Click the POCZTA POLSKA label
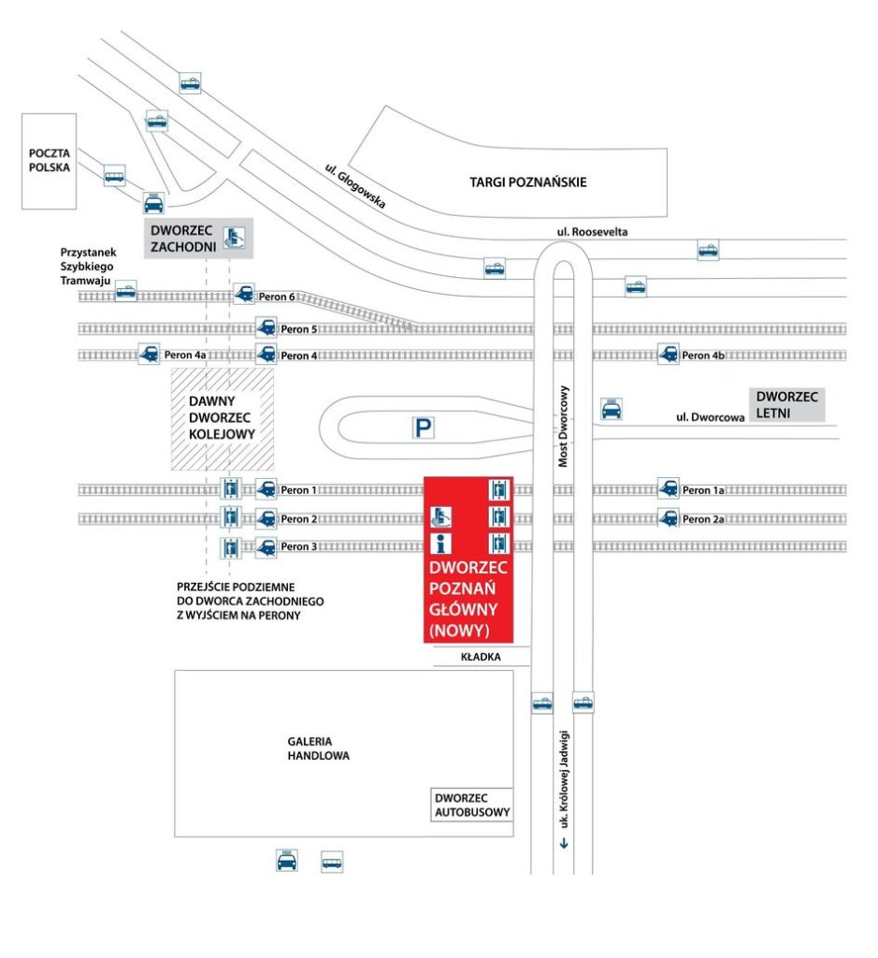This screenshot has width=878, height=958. [50, 161]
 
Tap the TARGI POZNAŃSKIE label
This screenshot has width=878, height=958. [528, 182]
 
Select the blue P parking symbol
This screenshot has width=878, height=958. [425, 428]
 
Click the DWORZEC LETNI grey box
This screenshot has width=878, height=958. [786, 405]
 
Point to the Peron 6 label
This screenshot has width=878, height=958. [278, 297]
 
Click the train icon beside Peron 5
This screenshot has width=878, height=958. [266, 328]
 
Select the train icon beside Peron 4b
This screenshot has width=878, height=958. [668, 355]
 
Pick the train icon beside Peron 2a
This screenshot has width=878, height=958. [668, 518]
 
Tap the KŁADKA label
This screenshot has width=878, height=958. [482, 658]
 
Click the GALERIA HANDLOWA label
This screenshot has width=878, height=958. [318, 748]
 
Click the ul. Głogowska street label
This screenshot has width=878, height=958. [355, 185]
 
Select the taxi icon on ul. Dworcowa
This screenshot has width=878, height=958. [611, 409]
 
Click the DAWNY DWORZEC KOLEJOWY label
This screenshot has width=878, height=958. [222, 417]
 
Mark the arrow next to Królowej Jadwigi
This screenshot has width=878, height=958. [563, 845]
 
